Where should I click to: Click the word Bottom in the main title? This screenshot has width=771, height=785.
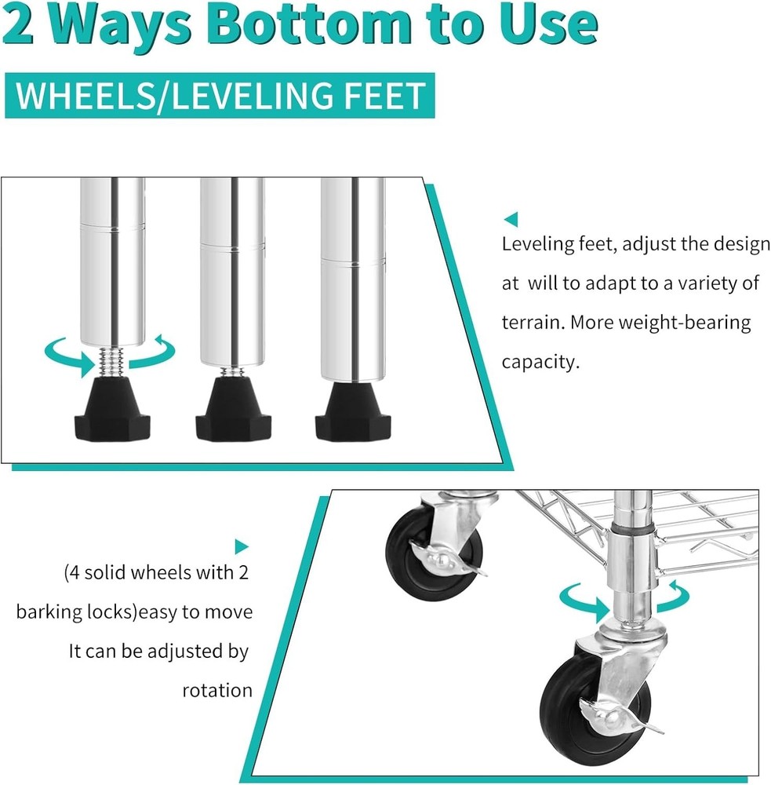click(311, 24)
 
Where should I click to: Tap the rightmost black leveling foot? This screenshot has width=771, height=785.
click(353, 411)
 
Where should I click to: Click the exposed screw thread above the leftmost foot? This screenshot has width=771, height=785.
click(112, 361)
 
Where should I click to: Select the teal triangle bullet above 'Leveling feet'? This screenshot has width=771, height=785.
click(511, 219)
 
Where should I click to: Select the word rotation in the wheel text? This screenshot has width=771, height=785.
click(217, 691)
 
